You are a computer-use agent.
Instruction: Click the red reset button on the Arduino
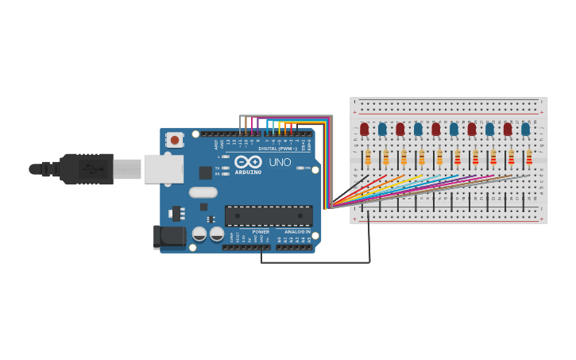click(x=174, y=139)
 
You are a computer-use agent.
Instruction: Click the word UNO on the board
click(x=280, y=162)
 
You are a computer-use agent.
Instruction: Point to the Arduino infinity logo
click(x=248, y=162)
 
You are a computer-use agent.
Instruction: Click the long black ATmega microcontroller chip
click(x=269, y=215)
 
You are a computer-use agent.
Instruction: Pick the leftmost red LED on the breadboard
click(x=365, y=129)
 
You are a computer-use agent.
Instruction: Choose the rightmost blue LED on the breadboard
click(x=525, y=129)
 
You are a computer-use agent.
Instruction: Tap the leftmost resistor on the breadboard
click(x=368, y=157)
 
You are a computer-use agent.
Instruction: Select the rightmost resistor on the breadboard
click(x=529, y=157)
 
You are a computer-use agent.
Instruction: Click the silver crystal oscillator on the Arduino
click(x=203, y=192)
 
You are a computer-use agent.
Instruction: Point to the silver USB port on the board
click(x=163, y=168)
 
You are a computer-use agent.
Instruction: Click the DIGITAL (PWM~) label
click(x=277, y=149)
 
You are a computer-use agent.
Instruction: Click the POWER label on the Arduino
click(x=261, y=231)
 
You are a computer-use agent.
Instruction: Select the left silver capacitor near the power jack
click(x=199, y=234)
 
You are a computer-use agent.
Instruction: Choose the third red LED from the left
click(x=436, y=129)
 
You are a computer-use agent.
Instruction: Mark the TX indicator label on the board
click(x=217, y=168)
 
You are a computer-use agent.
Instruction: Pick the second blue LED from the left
click(x=418, y=129)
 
